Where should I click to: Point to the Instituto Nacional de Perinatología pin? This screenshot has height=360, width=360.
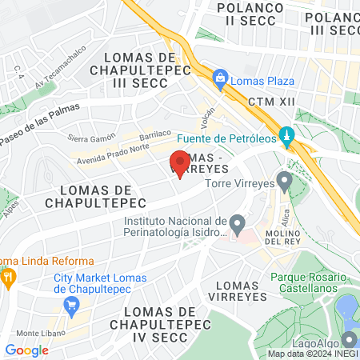coord(236,222)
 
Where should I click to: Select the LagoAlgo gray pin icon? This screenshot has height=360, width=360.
coord(349,339)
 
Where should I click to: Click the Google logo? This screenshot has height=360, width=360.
coord(26,350)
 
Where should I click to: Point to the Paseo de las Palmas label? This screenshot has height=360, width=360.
coord(39,120)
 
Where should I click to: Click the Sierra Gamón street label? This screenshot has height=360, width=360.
coord(87,138)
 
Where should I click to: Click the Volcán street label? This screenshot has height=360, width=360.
coord(210,118)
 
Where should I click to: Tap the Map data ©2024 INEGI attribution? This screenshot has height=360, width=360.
coord(311,353)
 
